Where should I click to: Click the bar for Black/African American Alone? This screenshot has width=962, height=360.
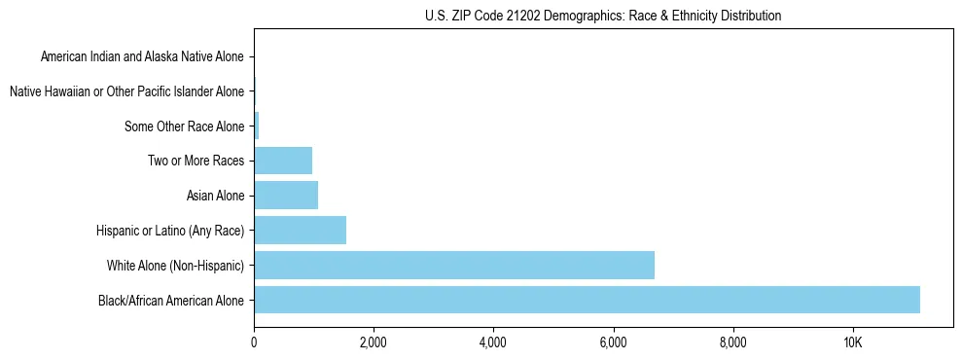(x=587, y=300)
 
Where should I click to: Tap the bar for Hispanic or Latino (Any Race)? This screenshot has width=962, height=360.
(x=300, y=231)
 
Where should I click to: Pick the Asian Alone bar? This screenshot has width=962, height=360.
(x=286, y=196)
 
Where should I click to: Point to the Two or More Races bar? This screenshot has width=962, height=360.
(x=283, y=161)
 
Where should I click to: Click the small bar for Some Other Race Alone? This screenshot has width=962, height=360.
(x=257, y=126)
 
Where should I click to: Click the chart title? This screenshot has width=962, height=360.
(x=603, y=16)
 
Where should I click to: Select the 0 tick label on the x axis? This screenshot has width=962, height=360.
(x=254, y=342)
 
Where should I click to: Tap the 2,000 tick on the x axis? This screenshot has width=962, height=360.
(x=374, y=342)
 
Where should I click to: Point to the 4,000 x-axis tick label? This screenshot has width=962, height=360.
(x=493, y=342)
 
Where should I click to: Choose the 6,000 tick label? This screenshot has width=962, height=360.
(x=613, y=342)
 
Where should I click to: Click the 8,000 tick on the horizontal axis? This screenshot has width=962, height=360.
(x=732, y=342)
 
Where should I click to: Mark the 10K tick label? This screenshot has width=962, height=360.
(x=852, y=342)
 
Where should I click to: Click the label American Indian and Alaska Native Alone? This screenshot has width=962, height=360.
(x=143, y=56)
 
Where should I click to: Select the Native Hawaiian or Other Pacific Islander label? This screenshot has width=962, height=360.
(x=126, y=91)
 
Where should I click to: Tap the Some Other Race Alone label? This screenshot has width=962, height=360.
(x=185, y=126)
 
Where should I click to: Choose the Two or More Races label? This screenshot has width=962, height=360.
(x=196, y=161)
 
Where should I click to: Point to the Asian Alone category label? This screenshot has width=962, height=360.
(x=215, y=196)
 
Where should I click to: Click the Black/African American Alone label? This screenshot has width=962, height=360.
(x=171, y=300)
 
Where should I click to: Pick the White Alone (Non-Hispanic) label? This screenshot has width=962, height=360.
(x=176, y=265)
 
